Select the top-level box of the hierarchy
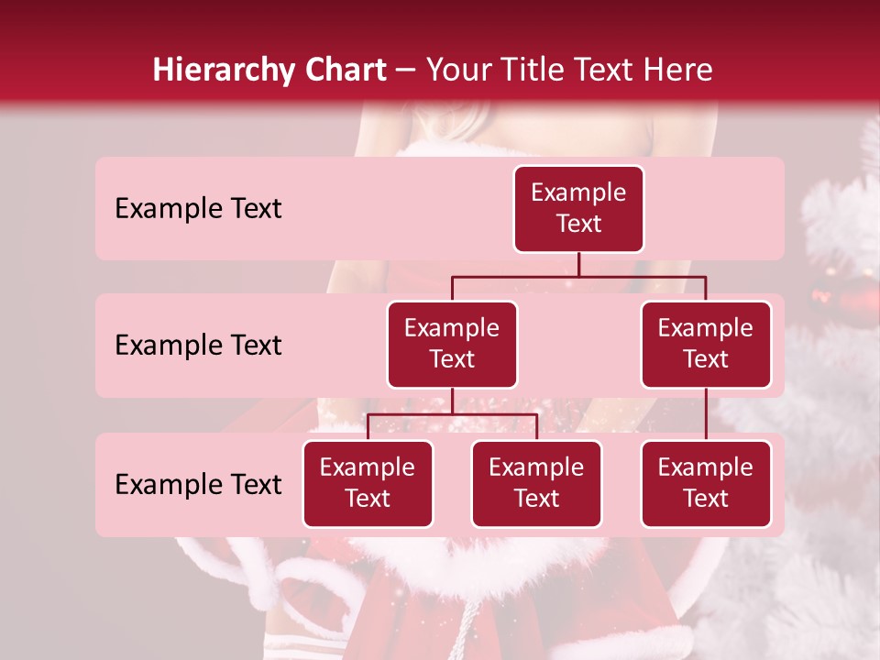click(x=578, y=209)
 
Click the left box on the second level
click(x=452, y=345)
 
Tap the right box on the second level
click(x=706, y=345)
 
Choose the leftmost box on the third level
click(x=368, y=484)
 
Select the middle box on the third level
click(x=536, y=484)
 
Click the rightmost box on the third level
click(x=706, y=484)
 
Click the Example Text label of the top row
click(x=198, y=209)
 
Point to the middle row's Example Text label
click(x=198, y=346)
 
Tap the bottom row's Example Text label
click(x=198, y=485)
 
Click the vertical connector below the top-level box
click(x=578, y=264)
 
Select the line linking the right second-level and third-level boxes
click(x=706, y=414)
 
